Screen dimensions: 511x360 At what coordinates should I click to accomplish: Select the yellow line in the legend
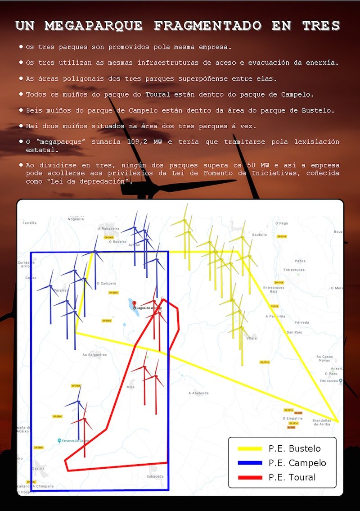249,448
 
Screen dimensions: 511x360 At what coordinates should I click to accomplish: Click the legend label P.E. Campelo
297,463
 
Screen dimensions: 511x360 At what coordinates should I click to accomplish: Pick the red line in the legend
249,477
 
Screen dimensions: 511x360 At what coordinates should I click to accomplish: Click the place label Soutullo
260,235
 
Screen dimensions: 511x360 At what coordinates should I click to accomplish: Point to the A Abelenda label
198,393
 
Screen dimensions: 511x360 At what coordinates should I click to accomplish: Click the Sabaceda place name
155,476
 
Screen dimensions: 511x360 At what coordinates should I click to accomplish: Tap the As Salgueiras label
94,355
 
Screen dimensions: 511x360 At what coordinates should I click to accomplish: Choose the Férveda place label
302,322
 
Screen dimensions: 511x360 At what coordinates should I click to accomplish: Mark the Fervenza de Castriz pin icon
59,440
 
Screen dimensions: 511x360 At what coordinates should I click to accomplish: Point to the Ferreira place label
29,223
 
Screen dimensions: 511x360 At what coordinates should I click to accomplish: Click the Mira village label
130,387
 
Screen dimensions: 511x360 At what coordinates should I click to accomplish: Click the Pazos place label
300,261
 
